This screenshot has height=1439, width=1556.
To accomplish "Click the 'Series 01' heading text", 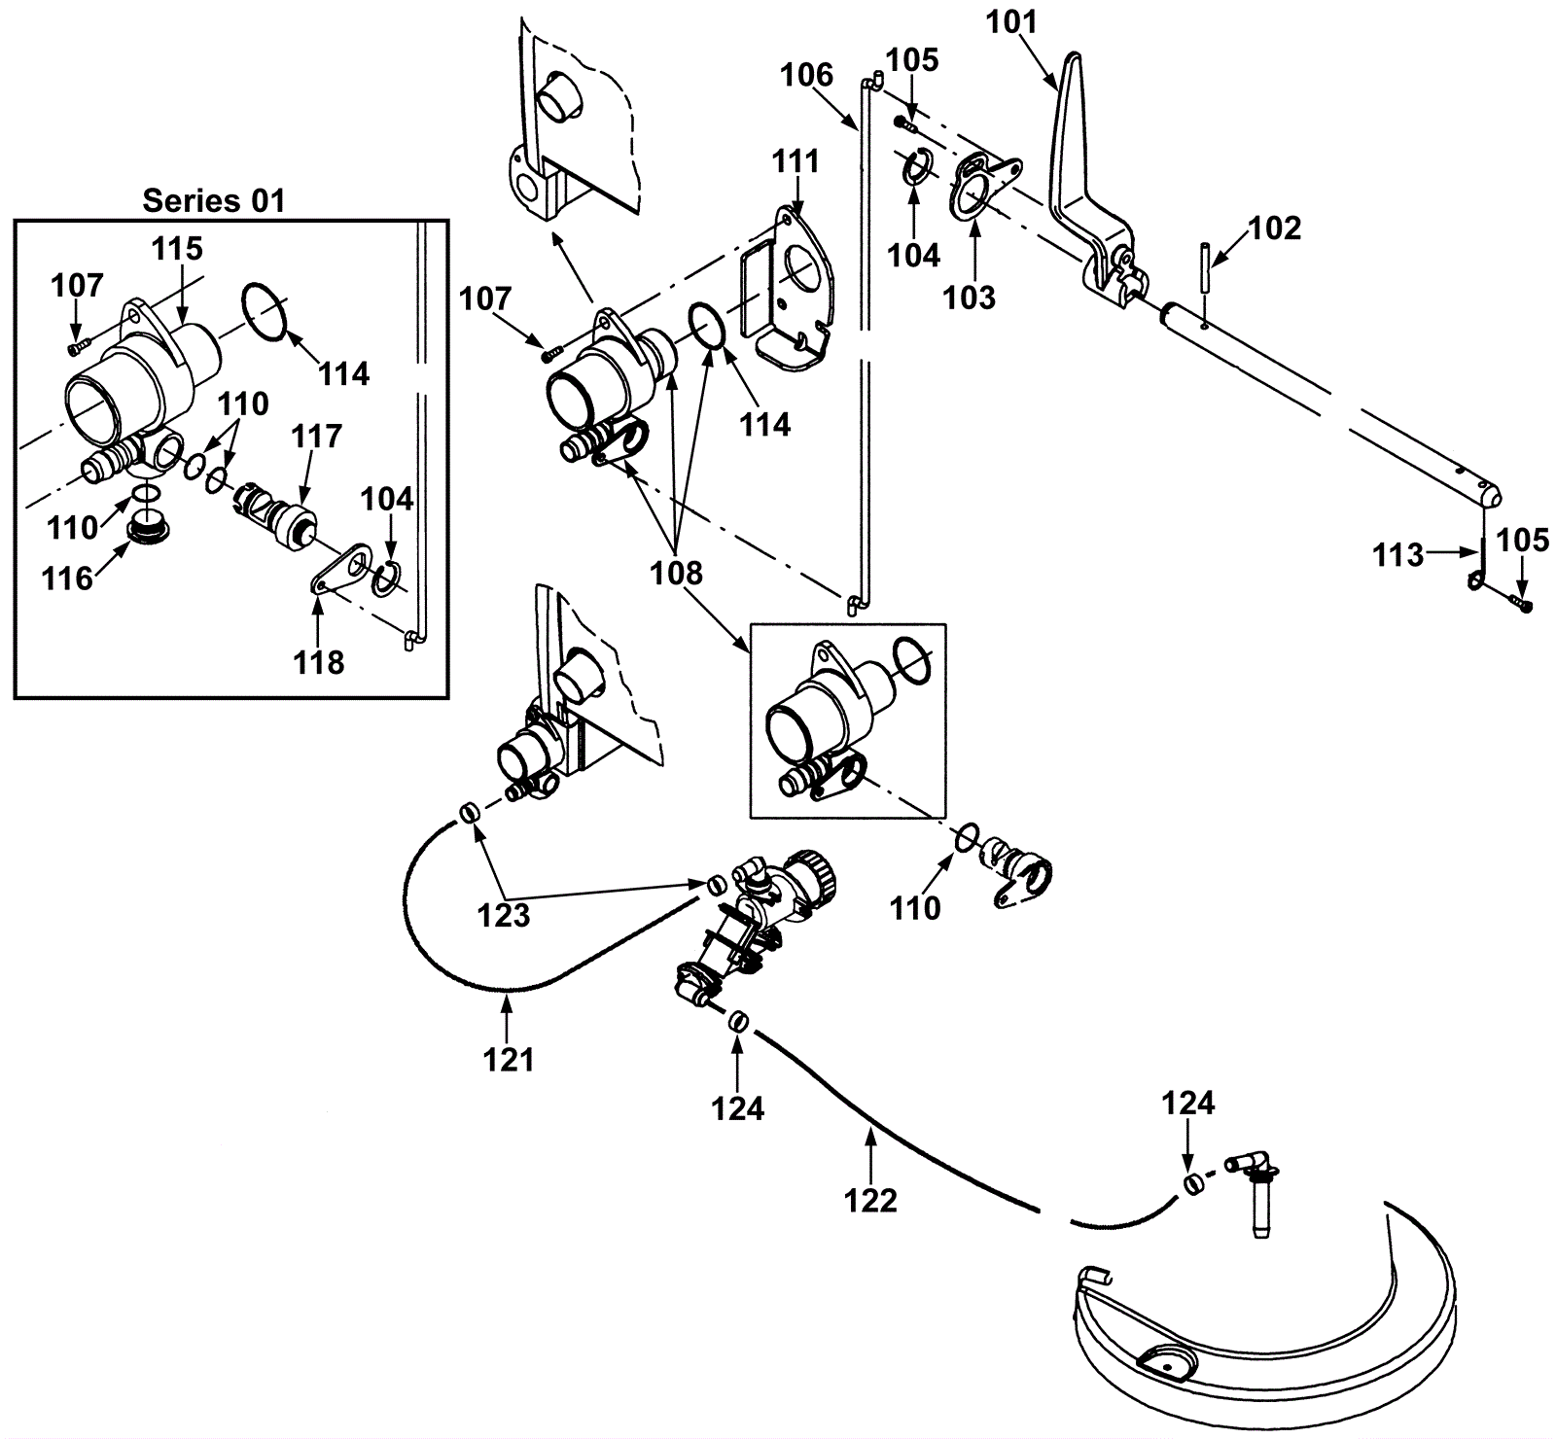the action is pyautogui.click(x=214, y=200).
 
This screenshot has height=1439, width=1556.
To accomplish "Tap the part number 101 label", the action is pyautogui.click(x=1013, y=21).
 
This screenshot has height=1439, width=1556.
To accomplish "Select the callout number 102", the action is pyautogui.click(x=1273, y=228).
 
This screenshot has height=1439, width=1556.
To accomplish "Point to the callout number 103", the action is pyautogui.click(x=970, y=297).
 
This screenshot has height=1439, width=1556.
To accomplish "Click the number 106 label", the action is pyautogui.click(x=807, y=75).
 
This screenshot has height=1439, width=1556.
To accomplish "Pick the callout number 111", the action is pyautogui.click(x=796, y=160).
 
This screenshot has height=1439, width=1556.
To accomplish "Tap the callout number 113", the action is pyautogui.click(x=1398, y=555).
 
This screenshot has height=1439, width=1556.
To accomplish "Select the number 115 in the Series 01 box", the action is pyautogui.click(x=176, y=249).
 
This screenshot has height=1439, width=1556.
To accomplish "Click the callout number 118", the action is pyautogui.click(x=318, y=662).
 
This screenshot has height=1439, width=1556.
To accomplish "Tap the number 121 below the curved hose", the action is pyautogui.click(x=509, y=1059).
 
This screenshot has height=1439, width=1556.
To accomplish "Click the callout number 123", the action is pyautogui.click(x=504, y=914).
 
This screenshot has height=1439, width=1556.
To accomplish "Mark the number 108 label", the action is pyautogui.click(x=677, y=573).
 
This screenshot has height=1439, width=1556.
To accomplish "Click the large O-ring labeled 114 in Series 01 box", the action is pyautogui.click(x=265, y=311).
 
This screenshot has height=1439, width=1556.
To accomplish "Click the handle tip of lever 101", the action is pyautogui.click(x=1073, y=56).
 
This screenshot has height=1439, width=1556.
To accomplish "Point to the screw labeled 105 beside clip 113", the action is pyautogui.click(x=1522, y=606).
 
